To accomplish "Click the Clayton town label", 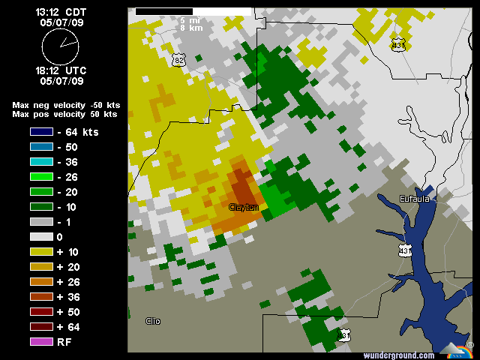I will click(244, 207).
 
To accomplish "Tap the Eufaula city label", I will click(414, 198).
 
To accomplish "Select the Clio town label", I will click(153, 321).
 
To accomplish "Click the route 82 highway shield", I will click(178, 59).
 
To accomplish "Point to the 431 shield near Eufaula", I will click(405, 249).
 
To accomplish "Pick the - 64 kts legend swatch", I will click(42, 132).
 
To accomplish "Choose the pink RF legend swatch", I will click(42, 342).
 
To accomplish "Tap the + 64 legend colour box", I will click(42, 327).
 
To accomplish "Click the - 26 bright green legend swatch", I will click(42, 177).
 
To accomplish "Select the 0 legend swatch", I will click(42, 237).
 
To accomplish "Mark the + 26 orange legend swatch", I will click(42, 282).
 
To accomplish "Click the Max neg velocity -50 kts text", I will click(66, 105).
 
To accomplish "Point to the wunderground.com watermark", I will click(398, 355).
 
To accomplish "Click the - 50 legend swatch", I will click(42, 147).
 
